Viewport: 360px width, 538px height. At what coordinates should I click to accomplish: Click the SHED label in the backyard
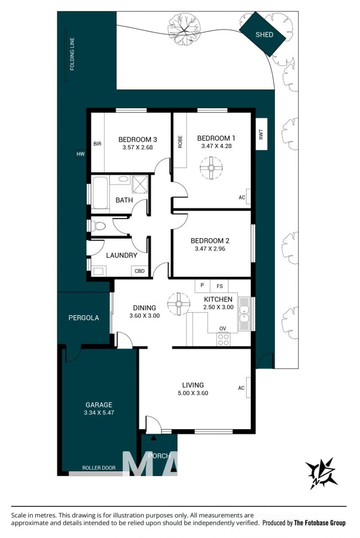click(x=264, y=35)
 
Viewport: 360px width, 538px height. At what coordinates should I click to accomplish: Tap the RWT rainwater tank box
click(x=261, y=134)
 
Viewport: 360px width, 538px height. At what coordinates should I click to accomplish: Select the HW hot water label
click(x=81, y=154)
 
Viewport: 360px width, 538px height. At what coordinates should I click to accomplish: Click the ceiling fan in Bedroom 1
click(x=211, y=168)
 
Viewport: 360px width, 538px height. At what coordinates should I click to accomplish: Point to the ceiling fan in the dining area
click(x=179, y=303)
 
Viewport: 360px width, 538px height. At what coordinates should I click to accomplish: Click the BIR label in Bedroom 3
click(x=97, y=144)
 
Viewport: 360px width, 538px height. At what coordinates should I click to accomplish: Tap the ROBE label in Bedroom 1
click(x=180, y=142)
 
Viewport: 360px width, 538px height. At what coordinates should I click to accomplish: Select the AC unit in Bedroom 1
click(x=248, y=197)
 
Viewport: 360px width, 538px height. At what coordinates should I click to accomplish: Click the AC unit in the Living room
click(x=248, y=387)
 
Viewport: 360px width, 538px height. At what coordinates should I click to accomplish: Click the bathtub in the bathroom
click(x=100, y=193)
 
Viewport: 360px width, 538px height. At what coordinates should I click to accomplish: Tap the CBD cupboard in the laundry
click(x=140, y=271)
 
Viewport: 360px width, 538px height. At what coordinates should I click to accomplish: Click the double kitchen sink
click(x=244, y=314)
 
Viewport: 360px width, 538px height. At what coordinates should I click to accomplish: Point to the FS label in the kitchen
click(x=220, y=286)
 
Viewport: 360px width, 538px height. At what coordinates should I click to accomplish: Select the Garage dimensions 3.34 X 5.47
click(x=99, y=413)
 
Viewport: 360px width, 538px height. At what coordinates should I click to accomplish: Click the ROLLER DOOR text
click(x=99, y=468)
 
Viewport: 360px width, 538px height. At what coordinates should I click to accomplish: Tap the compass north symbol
click(x=322, y=473)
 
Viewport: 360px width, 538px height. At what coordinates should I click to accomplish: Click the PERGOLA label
click(x=84, y=318)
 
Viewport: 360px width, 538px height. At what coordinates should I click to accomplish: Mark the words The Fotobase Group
click(x=319, y=523)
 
